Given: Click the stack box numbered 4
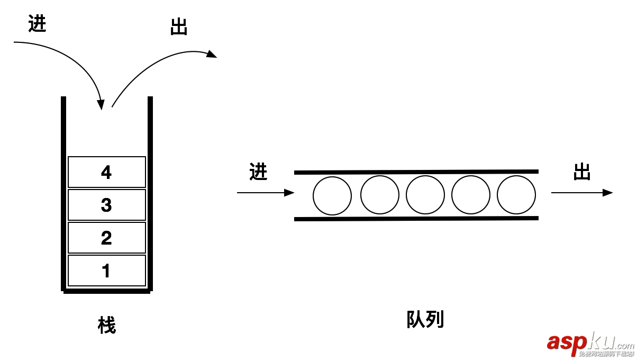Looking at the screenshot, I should pos(106,172).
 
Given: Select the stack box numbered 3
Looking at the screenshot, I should pos(106,205).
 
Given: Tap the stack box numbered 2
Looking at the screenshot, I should pos(106,238).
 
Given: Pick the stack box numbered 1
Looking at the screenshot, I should pos(106,271).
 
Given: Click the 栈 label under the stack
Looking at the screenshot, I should pos(106,325).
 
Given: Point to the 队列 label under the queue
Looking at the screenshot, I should pos(425,319).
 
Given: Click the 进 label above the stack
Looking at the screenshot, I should pos(38,24).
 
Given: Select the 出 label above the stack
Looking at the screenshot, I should pos(179,27).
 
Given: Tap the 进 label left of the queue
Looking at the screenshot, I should pos(258,172).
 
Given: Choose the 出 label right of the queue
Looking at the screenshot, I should pos(582,172).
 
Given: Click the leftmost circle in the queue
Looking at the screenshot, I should pos(332,195).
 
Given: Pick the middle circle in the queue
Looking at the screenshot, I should pos(425,195).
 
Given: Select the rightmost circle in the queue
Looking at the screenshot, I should pos(516,195).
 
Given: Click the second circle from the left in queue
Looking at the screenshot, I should pos(380,195).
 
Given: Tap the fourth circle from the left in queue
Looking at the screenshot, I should pos(471,195).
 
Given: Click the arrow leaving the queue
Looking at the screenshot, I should pos(582,193).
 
